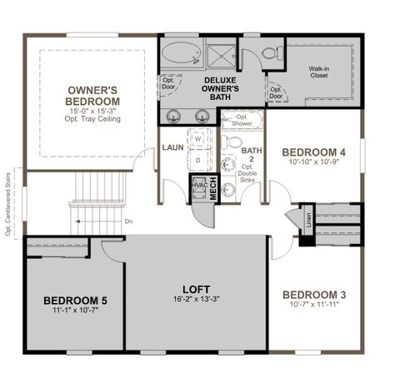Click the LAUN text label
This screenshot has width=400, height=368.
click(x=173, y=147)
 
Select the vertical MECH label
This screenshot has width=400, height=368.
click(x=212, y=191)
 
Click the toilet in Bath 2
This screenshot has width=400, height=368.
click(x=229, y=190)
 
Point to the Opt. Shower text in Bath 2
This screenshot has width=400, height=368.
click(x=241, y=121)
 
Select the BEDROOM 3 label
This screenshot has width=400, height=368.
click(x=313, y=295)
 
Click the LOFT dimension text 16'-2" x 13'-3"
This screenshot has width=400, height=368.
click(x=197, y=299)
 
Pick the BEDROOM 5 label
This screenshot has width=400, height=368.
click(x=75, y=300)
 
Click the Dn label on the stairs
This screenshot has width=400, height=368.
click(x=127, y=221)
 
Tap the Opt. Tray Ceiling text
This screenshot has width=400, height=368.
click(x=93, y=119)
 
